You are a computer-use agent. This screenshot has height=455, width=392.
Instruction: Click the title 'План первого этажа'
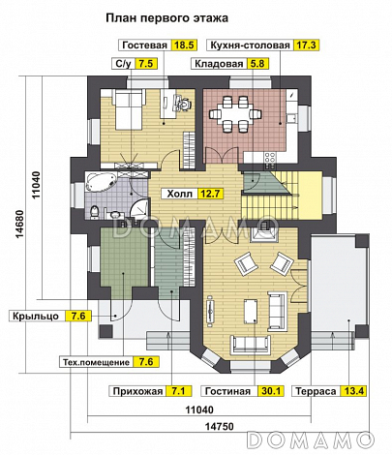pyautogui.click(x=166, y=18)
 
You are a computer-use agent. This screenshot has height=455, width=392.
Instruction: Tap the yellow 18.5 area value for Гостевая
pyautogui.click(x=184, y=45)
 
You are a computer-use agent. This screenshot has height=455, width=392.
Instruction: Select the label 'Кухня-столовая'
pyautogui.click(x=250, y=45)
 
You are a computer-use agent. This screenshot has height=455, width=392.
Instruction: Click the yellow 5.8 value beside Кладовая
pyautogui.click(x=257, y=64)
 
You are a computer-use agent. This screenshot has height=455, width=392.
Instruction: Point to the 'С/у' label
pyautogui.click(x=124, y=64)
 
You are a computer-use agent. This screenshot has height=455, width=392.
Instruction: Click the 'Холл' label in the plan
pyautogui.click(x=179, y=194)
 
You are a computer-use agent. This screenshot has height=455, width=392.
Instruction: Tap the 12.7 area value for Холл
pyautogui.click(x=210, y=194)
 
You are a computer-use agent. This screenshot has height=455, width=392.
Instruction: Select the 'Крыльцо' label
pyautogui.click(x=36, y=316)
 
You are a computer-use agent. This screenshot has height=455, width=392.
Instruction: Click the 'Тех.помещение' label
pyautogui.click(x=96, y=362)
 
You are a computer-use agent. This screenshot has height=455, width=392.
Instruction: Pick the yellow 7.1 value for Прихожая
pyautogui.click(x=178, y=391)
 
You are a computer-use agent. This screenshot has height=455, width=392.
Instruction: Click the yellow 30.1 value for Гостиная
pyautogui.click(x=271, y=391)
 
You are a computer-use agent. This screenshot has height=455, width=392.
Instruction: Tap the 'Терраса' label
pyautogui.click(x=316, y=391)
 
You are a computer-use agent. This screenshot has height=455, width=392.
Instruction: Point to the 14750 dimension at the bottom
pyautogui.click(x=220, y=427)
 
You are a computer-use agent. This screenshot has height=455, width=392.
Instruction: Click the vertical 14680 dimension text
pyautogui.click(x=19, y=225)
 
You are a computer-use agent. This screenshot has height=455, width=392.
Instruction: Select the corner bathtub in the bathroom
pyautogui.click(x=101, y=183)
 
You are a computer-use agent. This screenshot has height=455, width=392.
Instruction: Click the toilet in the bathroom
pyautogui.click(x=94, y=212)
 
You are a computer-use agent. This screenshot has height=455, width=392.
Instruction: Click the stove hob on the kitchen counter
pyautogui.click(x=270, y=158)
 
